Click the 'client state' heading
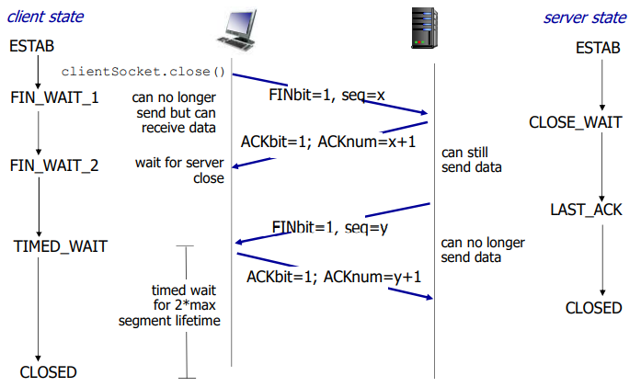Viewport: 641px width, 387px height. tap(46, 17)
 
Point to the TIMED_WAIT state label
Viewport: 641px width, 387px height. tap(60, 246)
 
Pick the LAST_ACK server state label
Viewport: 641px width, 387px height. tap(586, 211)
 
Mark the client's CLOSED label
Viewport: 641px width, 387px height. tap(49, 372)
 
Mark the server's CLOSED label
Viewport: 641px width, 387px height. tap(593, 308)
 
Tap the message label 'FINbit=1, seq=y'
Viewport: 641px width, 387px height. tap(329, 226)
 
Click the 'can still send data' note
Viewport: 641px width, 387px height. tap(472, 160)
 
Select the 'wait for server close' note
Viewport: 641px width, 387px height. tap(180, 171)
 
